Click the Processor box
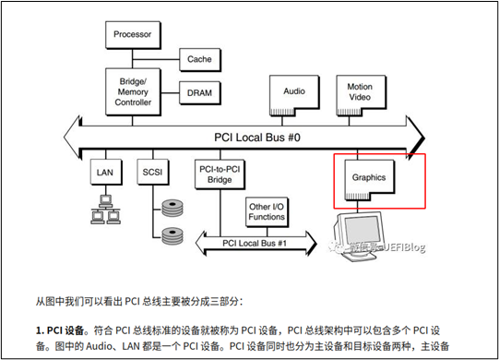pyautogui.click(x=132, y=34)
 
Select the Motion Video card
pyautogui.click(x=359, y=93)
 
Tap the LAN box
pyautogui.click(x=103, y=173)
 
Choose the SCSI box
pyautogui.click(x=152, y=173)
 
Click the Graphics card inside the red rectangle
pyautogui.click(x=367, y=176)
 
